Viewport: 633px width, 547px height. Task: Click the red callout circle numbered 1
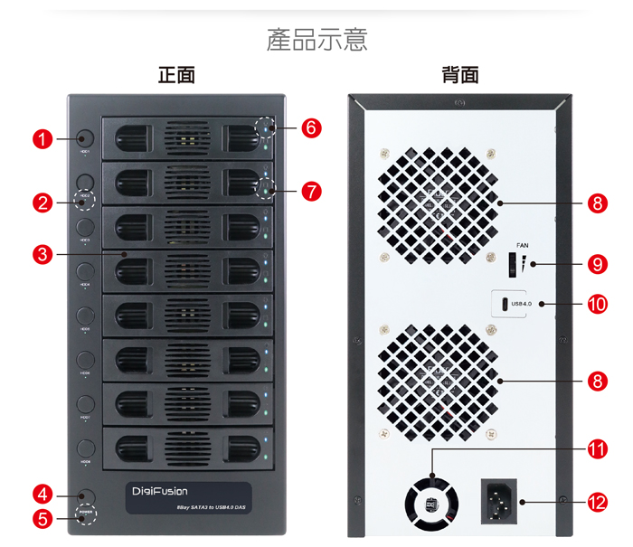[x=42, y=138]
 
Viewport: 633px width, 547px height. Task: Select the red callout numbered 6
[x=311, y=128]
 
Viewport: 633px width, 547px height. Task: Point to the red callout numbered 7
[x=311, y=191]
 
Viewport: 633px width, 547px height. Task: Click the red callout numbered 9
[x=596, y=264]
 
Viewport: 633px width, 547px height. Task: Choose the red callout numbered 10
[x=596, y=304]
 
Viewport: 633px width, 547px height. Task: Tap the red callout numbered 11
[x=596, y=448]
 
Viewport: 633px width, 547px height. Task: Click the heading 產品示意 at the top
[x=316, y=41]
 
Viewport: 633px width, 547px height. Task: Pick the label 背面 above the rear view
[x=460, y=76]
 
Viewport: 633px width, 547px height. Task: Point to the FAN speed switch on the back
[x=512, y=264]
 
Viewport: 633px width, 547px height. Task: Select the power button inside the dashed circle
[x=86, y=518]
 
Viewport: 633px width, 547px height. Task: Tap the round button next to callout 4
[x=86, y=495]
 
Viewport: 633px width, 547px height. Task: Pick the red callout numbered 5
[x=42, y=518]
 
